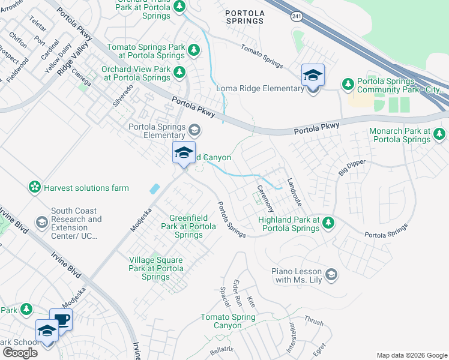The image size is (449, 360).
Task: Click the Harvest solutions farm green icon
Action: [35, 188]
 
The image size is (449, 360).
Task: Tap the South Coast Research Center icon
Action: [41, 223]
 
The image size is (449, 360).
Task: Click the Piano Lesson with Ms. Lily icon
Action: [331, 275]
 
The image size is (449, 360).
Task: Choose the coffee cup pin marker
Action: [61, 319]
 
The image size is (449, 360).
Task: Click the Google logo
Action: [20, 353]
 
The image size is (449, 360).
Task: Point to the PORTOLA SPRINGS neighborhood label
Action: [244, 16]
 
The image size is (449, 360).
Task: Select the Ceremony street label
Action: [265, 199]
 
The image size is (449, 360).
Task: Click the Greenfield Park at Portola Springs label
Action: [188, 226]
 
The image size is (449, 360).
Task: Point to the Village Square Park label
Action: [156, 268]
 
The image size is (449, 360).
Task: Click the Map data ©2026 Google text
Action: [411, 355]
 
